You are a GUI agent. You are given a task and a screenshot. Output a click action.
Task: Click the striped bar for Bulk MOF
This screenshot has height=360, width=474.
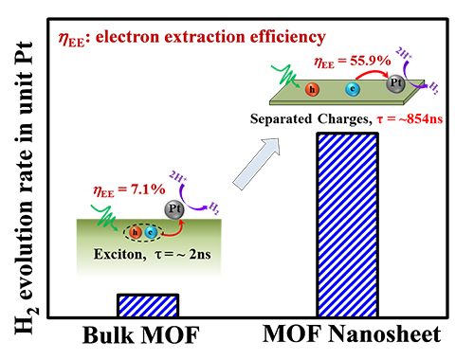pos(148,305)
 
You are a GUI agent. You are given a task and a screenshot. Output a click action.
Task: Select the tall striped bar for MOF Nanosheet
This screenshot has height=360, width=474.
pos(348,225)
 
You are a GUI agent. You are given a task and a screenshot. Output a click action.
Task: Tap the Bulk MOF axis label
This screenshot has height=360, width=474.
pos(141,334)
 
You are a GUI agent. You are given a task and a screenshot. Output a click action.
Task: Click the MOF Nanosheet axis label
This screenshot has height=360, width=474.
pos(352,333)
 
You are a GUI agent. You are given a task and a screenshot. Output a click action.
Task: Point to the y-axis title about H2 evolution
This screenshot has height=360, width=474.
pos(26,188)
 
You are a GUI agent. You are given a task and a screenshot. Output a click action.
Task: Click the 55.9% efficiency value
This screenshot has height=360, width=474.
pos(371,60)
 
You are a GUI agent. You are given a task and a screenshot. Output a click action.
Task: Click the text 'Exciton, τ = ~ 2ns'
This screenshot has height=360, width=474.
pos(152,254)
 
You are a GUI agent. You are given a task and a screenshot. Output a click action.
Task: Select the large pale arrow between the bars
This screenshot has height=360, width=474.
pos(257,164)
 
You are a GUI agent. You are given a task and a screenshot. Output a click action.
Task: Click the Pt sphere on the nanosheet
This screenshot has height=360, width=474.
pos(395,83)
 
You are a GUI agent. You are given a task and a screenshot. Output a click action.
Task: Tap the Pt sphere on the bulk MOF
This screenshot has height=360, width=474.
pos(173,209)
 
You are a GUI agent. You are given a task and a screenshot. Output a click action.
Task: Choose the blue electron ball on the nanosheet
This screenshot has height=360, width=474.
pos(353,89)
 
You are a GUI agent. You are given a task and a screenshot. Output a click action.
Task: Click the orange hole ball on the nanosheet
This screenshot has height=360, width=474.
pos(312,89)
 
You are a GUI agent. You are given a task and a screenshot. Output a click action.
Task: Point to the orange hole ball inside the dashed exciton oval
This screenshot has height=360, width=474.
pos(136,233)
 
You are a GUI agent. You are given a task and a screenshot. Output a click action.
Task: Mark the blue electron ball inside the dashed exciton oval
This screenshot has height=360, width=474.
pos(151,233)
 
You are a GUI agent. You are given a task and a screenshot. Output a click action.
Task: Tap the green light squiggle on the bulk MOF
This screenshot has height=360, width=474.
pos(105,217)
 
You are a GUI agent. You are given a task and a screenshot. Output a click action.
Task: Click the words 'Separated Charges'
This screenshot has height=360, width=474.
pos(310,119)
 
